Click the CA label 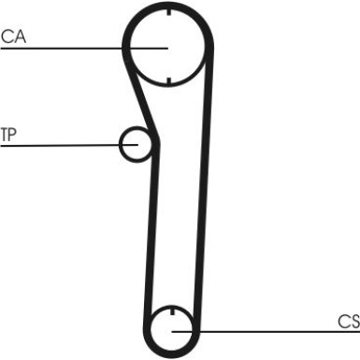coord(13,36)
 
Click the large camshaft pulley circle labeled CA coord(166,47)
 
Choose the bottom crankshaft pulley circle coord(174,328)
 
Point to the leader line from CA coord(65,48)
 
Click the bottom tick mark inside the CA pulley coord(166,78)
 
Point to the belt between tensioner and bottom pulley coord(151,234)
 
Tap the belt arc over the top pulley coord(166,6)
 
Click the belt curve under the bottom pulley coord(174,353)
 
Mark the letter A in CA coord(20,36)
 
